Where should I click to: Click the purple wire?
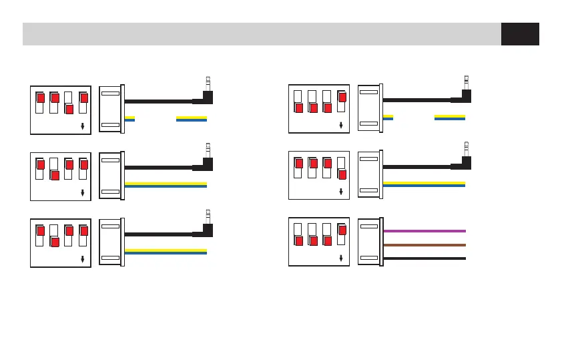424,230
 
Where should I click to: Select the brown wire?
424,245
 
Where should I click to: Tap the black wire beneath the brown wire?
424,258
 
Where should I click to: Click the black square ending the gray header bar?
520,34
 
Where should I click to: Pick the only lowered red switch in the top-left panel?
69,108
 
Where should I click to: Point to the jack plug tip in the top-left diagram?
208,81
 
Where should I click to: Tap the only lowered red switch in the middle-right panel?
342,174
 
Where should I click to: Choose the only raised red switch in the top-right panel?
342,97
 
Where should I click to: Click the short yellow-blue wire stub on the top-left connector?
130,119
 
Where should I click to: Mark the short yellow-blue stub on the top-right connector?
388,118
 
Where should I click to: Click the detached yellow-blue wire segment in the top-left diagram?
191,119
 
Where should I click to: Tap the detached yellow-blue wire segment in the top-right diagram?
449,118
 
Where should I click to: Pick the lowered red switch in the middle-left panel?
55,175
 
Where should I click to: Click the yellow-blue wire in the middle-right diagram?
425,184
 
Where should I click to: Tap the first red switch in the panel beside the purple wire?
298,240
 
